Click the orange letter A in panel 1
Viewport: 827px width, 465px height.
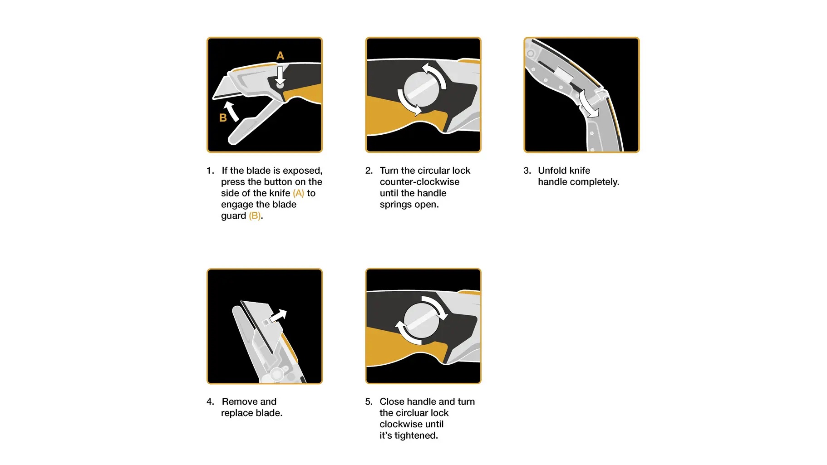tap(280, 55)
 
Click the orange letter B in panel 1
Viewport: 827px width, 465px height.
tap(223, 118)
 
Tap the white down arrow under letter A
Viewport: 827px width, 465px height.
tap(280, 76)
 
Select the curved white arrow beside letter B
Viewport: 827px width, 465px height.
tap(231, 111)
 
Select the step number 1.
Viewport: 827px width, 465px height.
tap(210, 171)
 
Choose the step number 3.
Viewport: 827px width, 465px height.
tap(527, 171)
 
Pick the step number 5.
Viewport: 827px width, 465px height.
tap(369, 401)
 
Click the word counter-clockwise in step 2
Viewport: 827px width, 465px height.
tap(419, 182)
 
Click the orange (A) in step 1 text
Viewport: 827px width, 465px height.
tap(298, 193)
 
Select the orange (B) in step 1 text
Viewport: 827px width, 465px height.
tap(255, 216)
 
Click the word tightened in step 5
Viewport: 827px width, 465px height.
tap(416, 436)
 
